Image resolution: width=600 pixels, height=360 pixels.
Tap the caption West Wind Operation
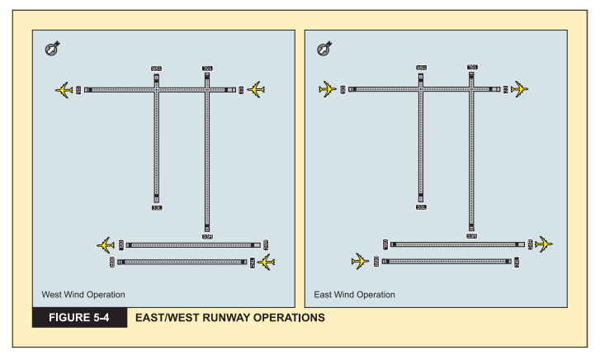[83, 294]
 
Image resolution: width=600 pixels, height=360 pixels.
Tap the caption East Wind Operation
[355, 294]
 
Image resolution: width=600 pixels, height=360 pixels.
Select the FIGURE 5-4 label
[79, 317]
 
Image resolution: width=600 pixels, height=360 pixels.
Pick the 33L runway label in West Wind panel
[156, 207]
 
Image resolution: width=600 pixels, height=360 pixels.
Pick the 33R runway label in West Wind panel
[207, 236]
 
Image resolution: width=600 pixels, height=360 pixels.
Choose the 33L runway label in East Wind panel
[421, 207]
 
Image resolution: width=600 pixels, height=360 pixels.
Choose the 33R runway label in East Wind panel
[472, 236]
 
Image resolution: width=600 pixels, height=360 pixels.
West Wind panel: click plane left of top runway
[64, 89]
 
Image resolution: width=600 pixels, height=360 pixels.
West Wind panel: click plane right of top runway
[256, 89]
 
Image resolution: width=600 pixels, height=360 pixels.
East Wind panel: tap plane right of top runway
[520, 89]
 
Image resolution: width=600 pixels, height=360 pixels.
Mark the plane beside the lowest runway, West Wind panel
[266, 262]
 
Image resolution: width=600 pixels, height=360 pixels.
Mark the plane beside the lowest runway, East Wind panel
[360, 262]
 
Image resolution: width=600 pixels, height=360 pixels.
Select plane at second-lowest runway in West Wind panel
[105, 244]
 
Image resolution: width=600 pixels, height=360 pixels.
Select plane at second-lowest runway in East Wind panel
[543, 244]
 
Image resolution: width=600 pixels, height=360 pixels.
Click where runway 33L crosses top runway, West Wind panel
[156, 89]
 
